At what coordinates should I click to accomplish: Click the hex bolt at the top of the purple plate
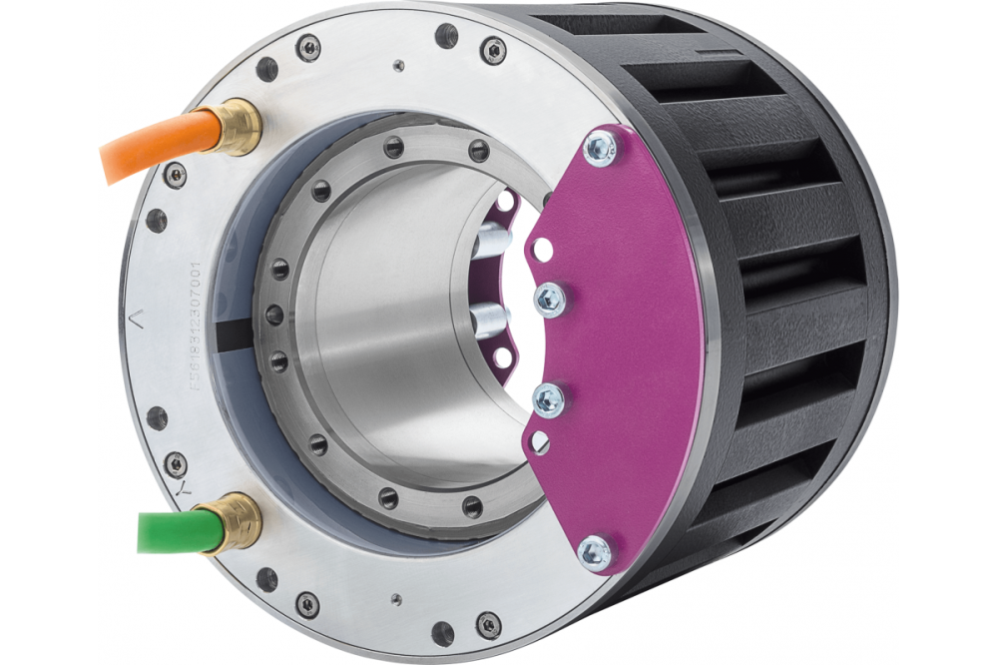[x=601, y=148]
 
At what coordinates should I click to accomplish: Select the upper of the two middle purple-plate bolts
[x=550, y=299]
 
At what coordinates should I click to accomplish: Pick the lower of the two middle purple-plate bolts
[x=549, y=399]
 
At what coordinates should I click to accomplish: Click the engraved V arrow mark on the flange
[x=138, y=319]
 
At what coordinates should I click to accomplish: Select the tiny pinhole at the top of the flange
[x=398, y=66]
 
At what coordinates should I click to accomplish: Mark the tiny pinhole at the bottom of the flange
[x=397, y=599]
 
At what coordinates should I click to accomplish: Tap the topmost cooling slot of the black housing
[x=639, y=26]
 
